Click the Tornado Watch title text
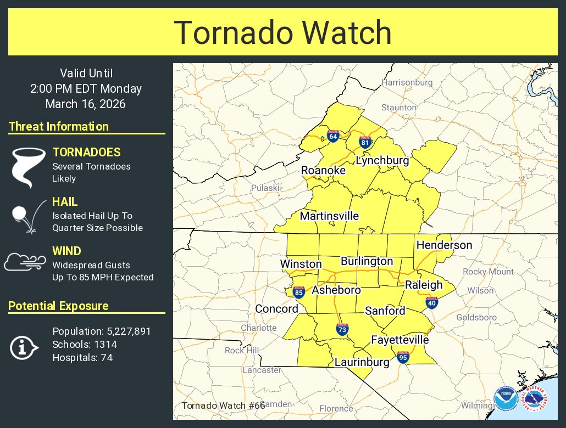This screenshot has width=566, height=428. point(283,33)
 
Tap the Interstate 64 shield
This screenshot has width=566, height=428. point(333,136)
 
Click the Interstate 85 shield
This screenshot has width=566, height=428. point(299,292)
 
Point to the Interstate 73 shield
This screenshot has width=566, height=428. point(342,329)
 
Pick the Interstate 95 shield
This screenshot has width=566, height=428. point(403,357)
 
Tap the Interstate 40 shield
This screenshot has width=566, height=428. point(432,302)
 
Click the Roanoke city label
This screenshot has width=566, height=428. point(323,171)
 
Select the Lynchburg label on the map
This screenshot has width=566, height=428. point(382,161)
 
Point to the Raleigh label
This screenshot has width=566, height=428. point(424,285)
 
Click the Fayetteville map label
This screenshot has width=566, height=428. point(399,340)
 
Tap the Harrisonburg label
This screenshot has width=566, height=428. point(407,83)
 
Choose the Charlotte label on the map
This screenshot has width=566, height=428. point(259,328)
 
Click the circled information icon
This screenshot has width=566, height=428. point(24,347)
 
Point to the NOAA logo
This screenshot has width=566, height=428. point(505,399)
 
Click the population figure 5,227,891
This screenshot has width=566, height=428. point(126,331)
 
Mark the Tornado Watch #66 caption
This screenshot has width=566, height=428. point(223,406)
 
